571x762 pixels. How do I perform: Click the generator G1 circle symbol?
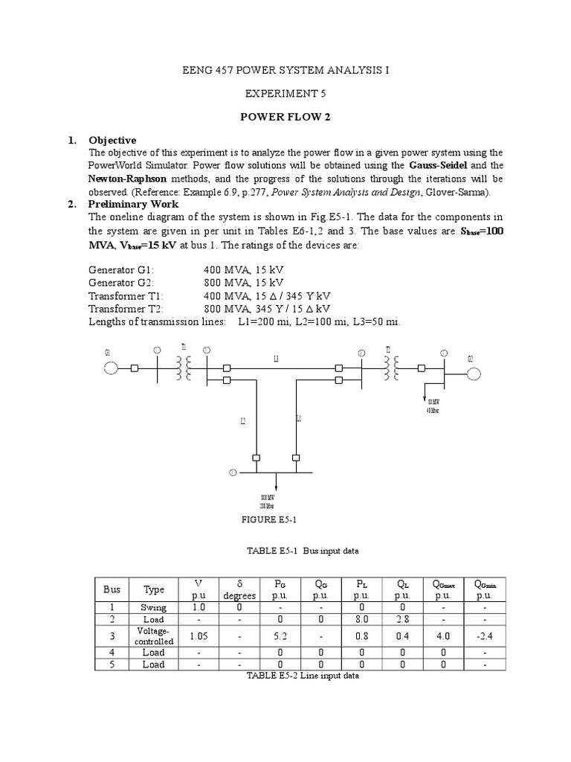(111, 368)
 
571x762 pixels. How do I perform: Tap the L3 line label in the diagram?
(276, 359)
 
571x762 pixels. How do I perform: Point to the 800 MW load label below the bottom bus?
(264, 500)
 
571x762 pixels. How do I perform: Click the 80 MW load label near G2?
(433, 406)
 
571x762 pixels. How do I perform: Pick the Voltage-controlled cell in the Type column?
(155, 635)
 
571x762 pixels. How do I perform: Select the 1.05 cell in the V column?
(198, 635)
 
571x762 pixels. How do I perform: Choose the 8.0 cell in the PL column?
(360, 618)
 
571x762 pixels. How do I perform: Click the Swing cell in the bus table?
(155, 607)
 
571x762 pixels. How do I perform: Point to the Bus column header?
(112, 589)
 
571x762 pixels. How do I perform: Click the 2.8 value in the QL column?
(401, 618)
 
